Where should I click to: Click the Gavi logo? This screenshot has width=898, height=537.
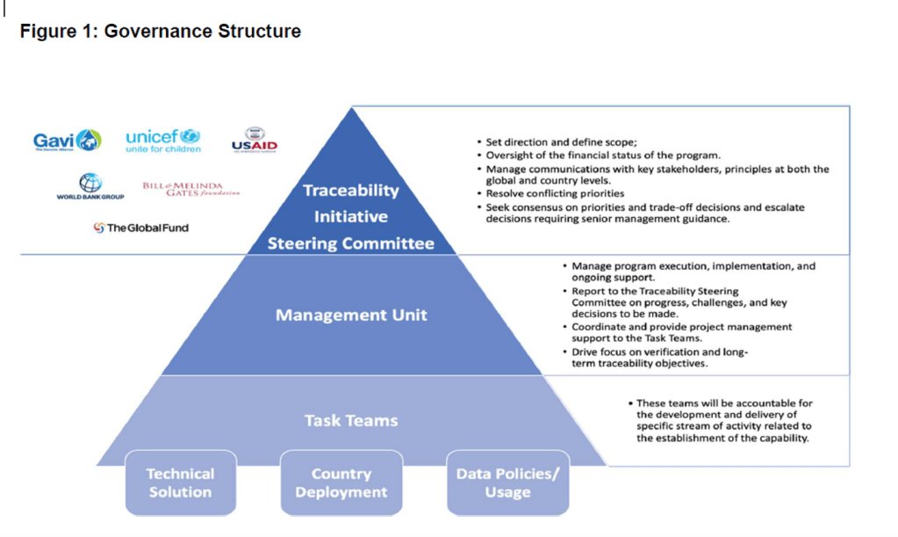[67, 141]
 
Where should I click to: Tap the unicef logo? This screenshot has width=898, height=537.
[162, 140]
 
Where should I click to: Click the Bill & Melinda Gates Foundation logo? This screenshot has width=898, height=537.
[190, 189]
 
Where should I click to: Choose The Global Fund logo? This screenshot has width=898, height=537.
[140, 228]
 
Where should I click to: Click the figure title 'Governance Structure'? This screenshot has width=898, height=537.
[160, 32]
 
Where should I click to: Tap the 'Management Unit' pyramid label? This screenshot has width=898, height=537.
[351, 315]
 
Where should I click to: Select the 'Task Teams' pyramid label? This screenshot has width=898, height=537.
[351, 420]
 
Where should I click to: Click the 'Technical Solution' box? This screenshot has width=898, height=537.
[180, 483]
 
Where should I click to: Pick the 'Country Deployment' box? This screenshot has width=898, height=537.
[341, 483]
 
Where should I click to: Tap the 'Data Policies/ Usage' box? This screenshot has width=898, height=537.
[507, 483]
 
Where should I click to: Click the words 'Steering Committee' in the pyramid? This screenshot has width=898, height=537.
[351, 243]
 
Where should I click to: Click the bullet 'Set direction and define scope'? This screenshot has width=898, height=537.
[548, 142]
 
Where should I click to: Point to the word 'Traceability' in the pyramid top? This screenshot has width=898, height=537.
[351, 190]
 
